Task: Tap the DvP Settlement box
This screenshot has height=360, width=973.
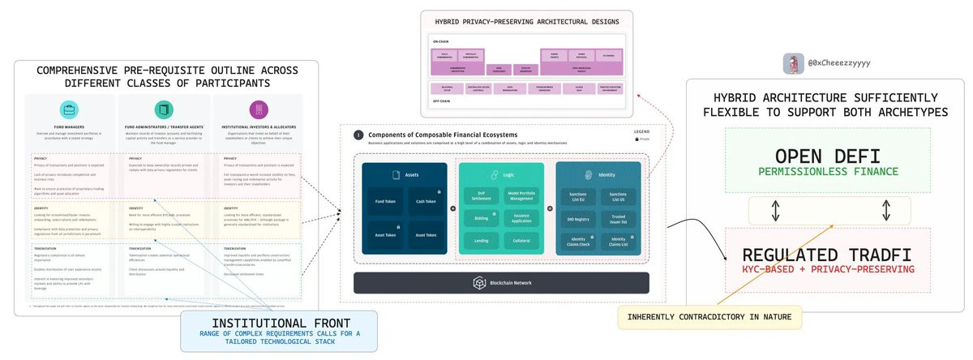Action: point(481,195)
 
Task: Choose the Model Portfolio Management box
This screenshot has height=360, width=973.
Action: point(521,195)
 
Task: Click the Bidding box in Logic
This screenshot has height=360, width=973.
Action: point(481,218)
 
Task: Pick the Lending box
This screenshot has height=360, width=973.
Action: point(481,241)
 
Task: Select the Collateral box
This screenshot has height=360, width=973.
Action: point(521,241)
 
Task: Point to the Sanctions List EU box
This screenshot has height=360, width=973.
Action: point(578,195)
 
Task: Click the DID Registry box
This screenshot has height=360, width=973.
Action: point(578,218)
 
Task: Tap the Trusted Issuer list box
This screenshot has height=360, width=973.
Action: point(619,218)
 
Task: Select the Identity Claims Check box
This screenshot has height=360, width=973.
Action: point(578,241)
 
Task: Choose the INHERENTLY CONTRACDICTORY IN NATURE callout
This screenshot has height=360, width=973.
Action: point(709,318)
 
